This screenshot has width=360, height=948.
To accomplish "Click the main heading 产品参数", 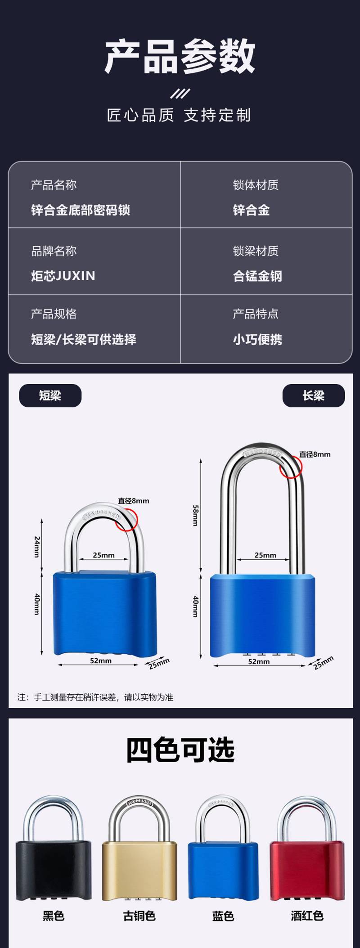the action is [x=180, y=56].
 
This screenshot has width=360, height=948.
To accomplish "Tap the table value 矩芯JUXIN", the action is [x=63, y=276].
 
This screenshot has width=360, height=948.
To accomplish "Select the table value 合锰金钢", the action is [x=257, y=276].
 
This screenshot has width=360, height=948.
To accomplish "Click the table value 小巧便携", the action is [x=257, y=339].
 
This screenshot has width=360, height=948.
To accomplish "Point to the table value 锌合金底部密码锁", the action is [x=81, y=210].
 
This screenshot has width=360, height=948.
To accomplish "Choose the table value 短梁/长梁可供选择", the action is [x=84, y=339].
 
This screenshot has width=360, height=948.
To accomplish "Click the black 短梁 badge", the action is [x=50, y=395].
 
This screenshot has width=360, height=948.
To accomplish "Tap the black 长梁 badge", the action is [x=314, y=395].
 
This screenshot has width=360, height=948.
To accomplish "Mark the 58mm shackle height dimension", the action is [x=195, y=516].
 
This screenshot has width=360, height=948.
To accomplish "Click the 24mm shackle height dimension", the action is [x=37, y=546].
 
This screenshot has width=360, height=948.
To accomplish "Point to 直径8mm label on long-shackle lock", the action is [x=315, y=454].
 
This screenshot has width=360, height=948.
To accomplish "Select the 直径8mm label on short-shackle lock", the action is [x=134, y=501].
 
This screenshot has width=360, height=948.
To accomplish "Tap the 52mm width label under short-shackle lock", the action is [x=101, y=660].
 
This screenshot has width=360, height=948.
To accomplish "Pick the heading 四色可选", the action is [x=180, y=750].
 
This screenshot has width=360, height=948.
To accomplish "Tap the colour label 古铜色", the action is [x=139, y=916].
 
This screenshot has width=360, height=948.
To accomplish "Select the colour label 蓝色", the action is [x=223, y=916].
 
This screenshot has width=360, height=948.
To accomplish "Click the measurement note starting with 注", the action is [x=95, y=697].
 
